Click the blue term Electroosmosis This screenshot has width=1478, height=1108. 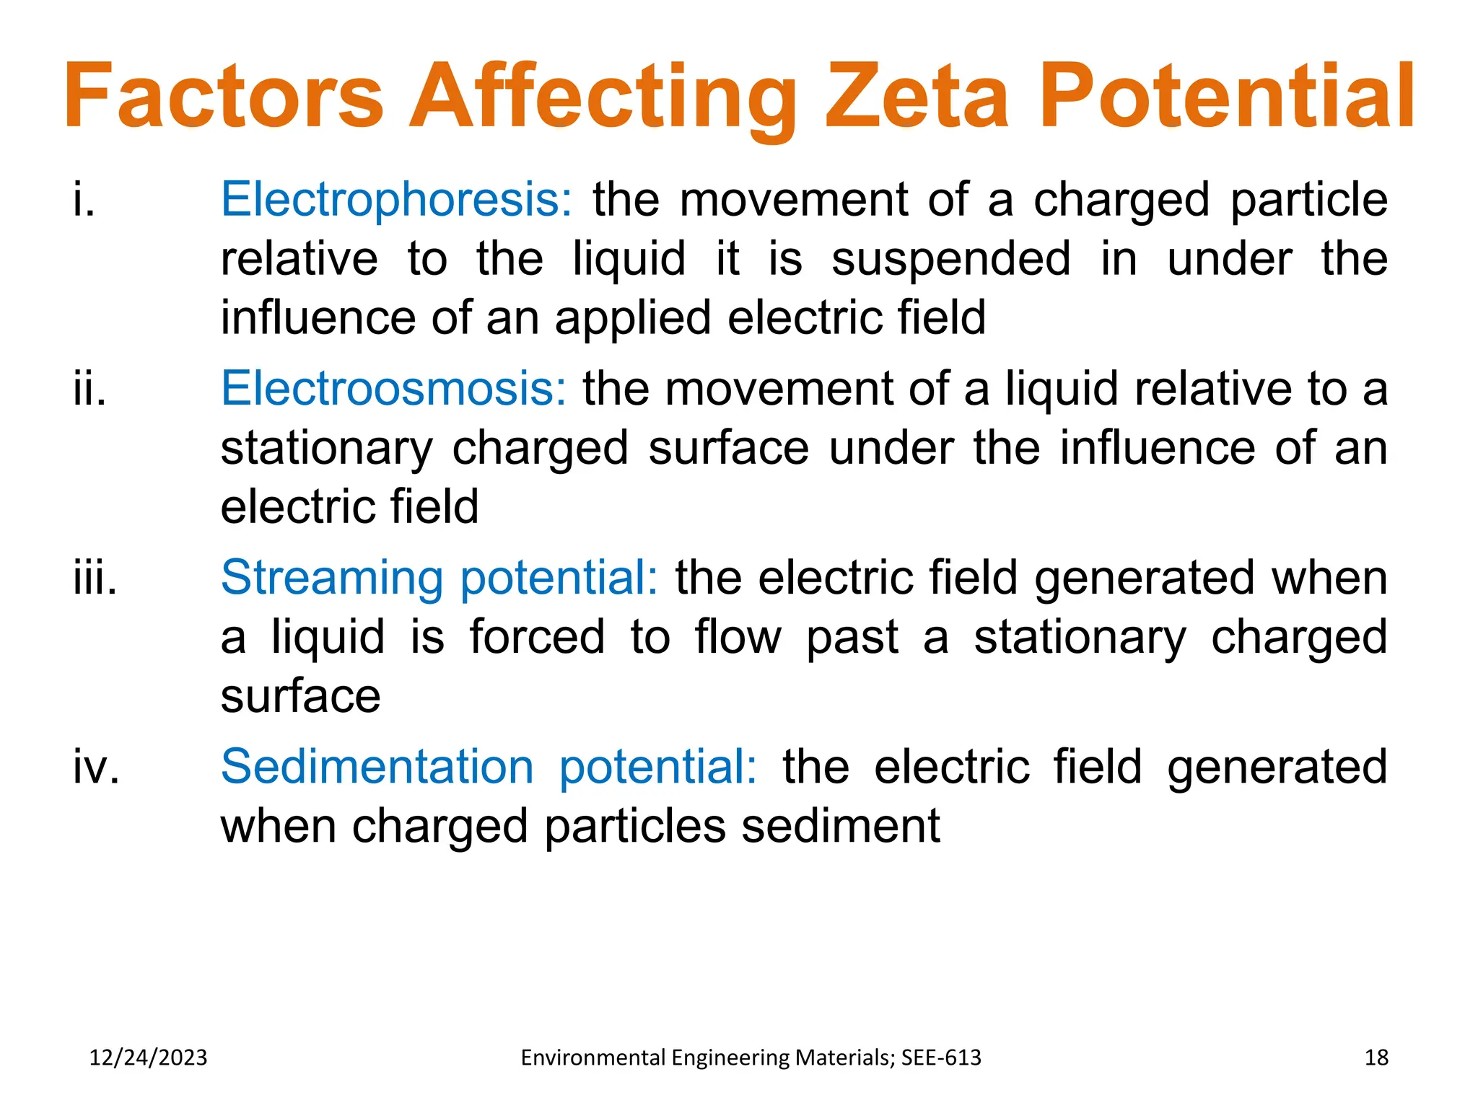[393, 389]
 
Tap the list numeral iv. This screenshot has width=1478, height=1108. [96, 767]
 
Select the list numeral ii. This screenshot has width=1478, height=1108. [90, 389]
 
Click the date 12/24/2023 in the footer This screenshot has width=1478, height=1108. [148, 1058]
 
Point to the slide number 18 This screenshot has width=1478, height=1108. [1376, 1058]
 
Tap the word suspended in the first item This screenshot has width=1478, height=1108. [950, 260]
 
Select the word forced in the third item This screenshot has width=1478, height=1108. [537, 637]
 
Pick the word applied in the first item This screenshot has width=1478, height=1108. [633, 319]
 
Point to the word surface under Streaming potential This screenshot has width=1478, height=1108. [300, 697]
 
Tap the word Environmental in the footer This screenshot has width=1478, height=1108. [594, 1058]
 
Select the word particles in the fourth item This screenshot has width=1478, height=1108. [634, 826]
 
